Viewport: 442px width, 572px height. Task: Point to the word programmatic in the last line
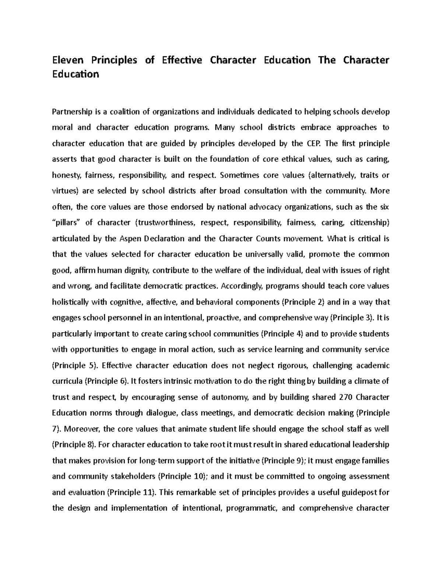[252, 508]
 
